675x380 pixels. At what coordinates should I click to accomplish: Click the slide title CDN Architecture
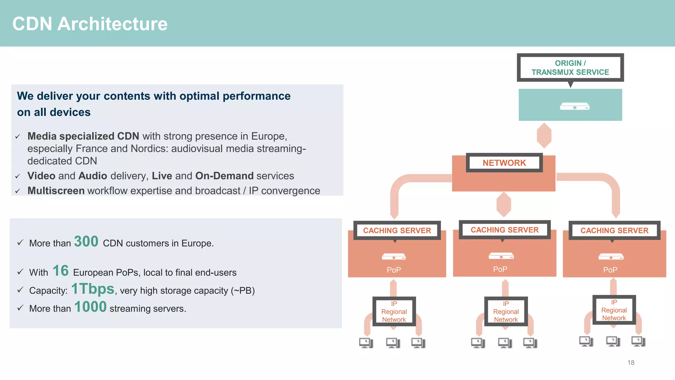(x=90, y=24)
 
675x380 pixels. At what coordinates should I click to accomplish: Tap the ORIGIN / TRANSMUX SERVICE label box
(x=570, y=68)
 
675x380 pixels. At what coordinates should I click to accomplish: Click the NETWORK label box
(x=504, y=163)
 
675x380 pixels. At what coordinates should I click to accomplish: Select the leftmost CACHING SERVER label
(x=397, y=230)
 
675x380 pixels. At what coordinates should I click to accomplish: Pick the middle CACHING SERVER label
(x=504, y=230)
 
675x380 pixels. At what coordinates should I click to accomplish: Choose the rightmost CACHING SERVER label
(x=614, y=230)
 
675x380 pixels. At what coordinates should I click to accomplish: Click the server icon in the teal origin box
(x=575, y=106)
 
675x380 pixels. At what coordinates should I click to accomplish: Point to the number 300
(x=86, y=241)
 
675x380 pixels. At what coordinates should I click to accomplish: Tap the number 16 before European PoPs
(x=61, y=271)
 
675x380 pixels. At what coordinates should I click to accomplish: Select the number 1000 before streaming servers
(x=90, y=307)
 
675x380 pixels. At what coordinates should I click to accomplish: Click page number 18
(x=631, y=363)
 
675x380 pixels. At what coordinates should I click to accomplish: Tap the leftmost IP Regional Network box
(x=394, y=311)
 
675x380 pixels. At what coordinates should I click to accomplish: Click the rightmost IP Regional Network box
(x=614, y=310)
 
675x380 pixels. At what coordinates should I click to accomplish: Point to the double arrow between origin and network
(x=544, y=136)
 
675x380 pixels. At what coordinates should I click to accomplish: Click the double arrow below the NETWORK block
(x=504, y=205)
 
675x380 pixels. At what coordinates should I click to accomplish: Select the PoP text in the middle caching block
(x=500, y=269)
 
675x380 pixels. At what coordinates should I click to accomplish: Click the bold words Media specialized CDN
(x=83, y=136)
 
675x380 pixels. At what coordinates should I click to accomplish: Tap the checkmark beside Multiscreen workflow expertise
(x=18, y=191)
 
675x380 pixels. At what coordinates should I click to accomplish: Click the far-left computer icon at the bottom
(x=366, y=343)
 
